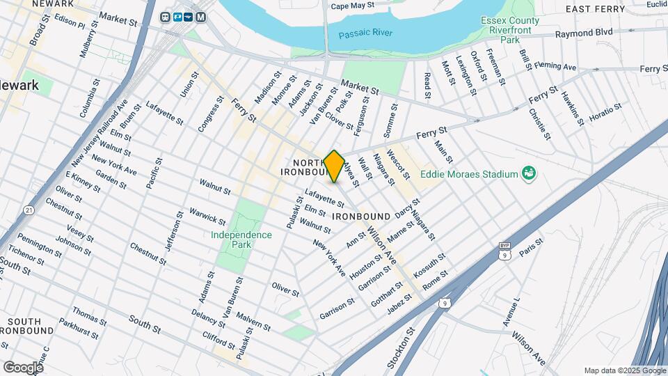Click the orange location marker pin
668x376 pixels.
334,166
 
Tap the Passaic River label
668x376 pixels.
366,34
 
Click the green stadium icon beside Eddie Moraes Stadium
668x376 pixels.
528,173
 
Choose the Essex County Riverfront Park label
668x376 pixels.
510,30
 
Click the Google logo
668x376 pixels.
23,367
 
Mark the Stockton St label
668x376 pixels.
397,352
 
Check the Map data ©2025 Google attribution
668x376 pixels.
625,370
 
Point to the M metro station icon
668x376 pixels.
201,17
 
